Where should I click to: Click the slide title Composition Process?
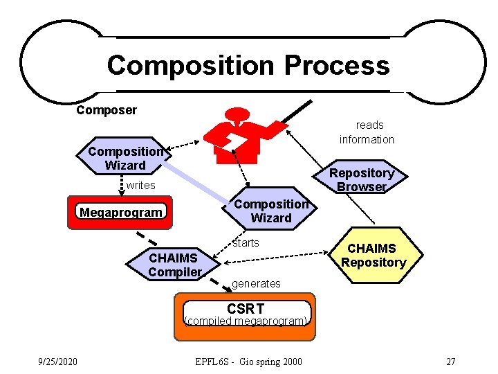point(248,66)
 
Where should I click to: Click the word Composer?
point(107,110)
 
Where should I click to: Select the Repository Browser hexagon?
point(362,179)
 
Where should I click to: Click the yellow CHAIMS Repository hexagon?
point(373,255)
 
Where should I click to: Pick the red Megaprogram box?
point(121,213)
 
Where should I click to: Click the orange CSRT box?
point(245,316)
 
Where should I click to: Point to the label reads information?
point(367,132)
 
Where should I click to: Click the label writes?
point(140,186)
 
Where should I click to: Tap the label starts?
point(246,242)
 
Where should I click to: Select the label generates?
point(256,283)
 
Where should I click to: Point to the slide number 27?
point(450,362)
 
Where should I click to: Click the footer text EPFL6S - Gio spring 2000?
point(249,362)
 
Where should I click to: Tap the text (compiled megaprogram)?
point(245,321)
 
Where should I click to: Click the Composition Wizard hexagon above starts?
point(271,211)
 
